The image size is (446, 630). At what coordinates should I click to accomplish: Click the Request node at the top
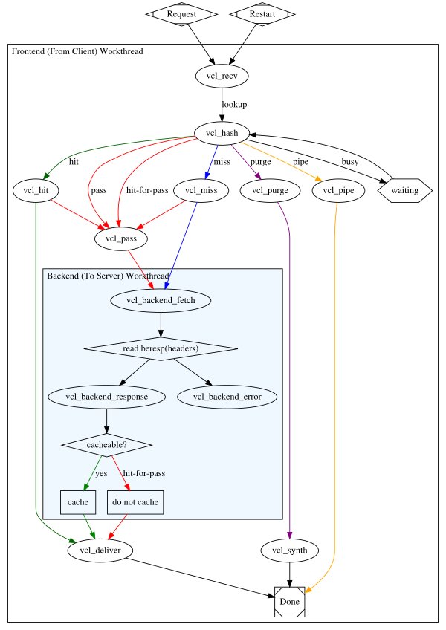pyautogui.click(x=182, y=14)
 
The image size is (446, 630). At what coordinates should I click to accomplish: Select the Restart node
pyautogui.click(x=262, y=14)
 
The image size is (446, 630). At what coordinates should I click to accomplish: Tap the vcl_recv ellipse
pyautogui.click(x=221, y=75)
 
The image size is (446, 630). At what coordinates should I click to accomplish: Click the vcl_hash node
pyautogui.click(x=221, y=133)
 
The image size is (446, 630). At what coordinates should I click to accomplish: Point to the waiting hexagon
pyautogui.click(x=405, y=191)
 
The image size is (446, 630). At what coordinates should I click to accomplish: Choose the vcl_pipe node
pyautogui.click(x=337, y=191)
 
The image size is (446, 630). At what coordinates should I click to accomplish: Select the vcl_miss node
pyautogui.click(x=199, y=191)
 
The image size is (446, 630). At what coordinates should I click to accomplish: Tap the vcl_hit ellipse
pyautogui.click(x=36, y=191)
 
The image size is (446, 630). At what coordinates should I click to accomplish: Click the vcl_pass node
pyautogui.click(x=121, y=238)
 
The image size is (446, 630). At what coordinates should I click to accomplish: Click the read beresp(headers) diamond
pyautogui.click(x=161, y=348)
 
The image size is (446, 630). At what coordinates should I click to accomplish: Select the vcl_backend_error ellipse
pyautogui.click(x=227, y=396)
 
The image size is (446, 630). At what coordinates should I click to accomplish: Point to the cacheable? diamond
pyautogui.click(x=106, y=444)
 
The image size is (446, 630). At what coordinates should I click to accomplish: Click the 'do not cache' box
pyautogui.click(x=135, y=503)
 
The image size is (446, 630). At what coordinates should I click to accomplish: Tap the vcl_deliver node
pyautogui.click(x=100, y=551)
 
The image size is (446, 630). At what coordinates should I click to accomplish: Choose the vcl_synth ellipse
pyautogui.click(x=290, y=551)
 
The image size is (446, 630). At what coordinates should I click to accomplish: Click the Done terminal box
pyautogui.click(x=290, y=601)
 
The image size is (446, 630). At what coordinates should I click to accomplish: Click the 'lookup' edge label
pyautogui.click(x=234, y=105)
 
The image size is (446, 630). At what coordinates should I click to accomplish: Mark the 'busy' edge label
pyautogui.click(x=349, y=161)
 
